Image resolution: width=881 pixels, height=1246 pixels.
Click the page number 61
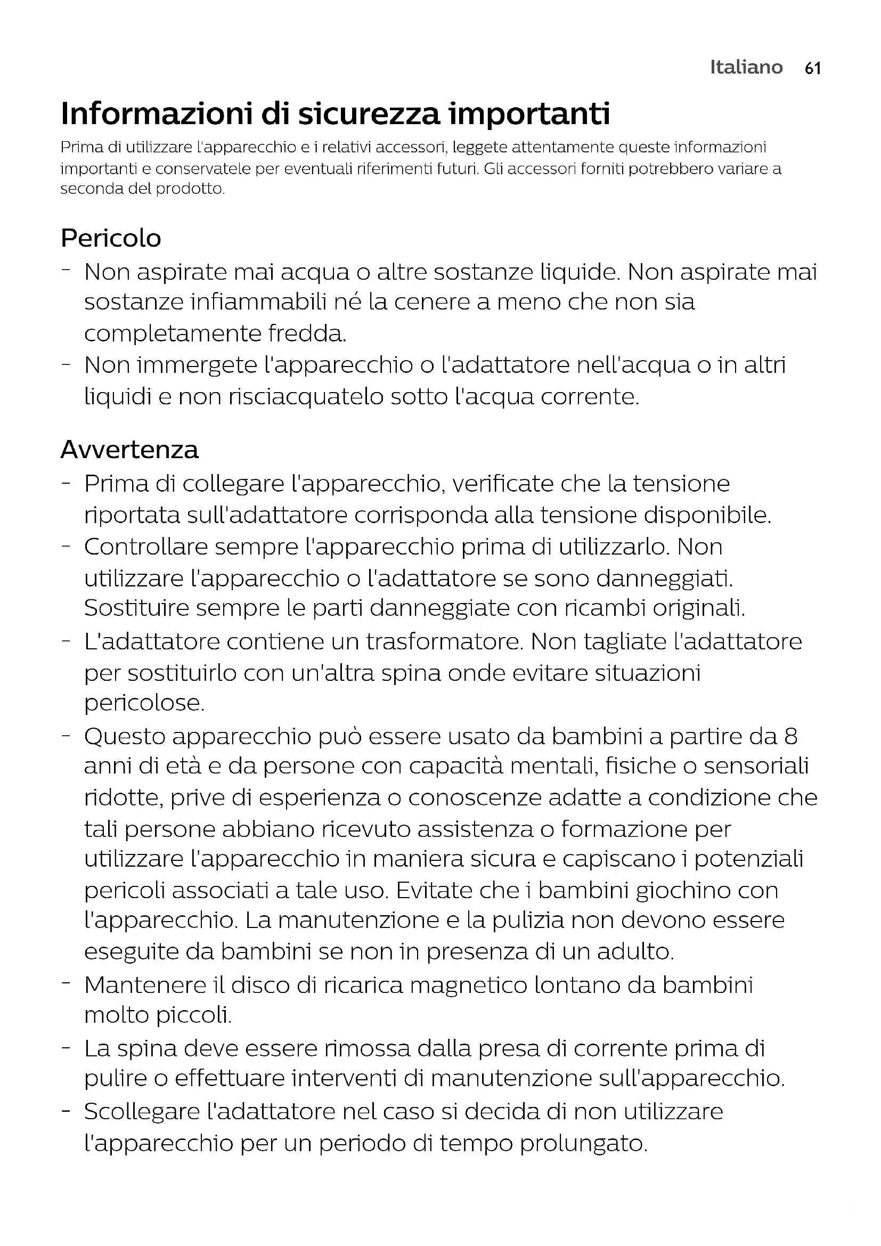tap(813, 68)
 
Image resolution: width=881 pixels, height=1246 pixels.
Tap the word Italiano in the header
tap(746, 67)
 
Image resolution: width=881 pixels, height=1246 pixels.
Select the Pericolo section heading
tap(111, 238)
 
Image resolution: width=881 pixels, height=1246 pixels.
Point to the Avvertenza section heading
tap(129, 450)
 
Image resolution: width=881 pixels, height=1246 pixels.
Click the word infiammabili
tap(259, 302)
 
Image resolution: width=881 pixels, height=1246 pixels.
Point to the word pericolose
tap(144, 703)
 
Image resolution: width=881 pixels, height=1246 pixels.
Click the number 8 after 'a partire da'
tap(790, 736)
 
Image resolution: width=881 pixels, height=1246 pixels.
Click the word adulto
tap(635, 952)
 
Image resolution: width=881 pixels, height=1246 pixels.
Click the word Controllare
tap(146, 547)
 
